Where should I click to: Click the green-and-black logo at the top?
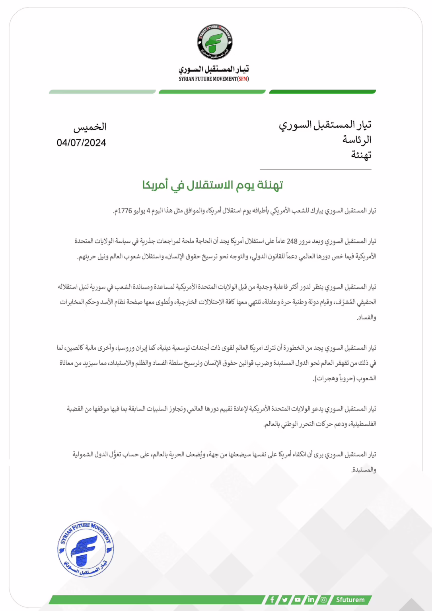[215, 42]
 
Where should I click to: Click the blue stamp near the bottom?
[86, 549]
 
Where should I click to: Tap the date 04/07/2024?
[81, 143]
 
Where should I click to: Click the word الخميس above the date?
[90, 127]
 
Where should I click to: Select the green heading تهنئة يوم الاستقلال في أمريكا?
[213, 185]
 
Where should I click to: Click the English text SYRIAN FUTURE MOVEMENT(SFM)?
[214, 79]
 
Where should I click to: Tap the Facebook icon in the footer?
[272, 599]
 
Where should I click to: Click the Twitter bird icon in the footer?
[285, 599]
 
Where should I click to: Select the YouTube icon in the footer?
[298, 599]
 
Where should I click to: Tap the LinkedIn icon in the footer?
[311, 599]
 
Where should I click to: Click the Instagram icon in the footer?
[324, 599]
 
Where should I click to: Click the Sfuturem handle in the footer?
[350, 599]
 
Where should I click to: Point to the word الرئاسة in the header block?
[357, 140]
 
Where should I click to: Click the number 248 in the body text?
[292, 241]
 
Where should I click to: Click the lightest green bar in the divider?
[102, 92]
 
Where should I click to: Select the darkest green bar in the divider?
[322, 92]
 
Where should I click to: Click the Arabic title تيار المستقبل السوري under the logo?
[214, 69]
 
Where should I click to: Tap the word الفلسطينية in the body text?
[362, 424]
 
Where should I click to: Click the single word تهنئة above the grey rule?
[361, 155]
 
